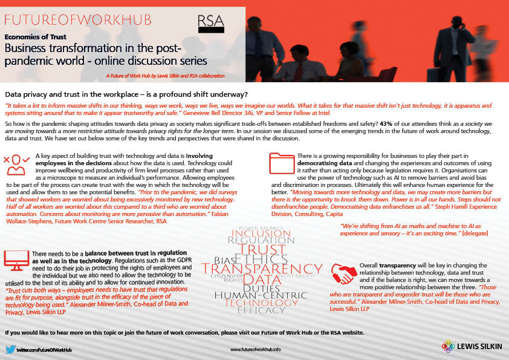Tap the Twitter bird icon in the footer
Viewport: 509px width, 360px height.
pyautogui.click(x=10, y=349)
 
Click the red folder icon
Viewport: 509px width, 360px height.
pyautogui.click(x=281, y=165)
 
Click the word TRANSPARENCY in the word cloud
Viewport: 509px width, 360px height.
pyautogui.click(x=262, y=268)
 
